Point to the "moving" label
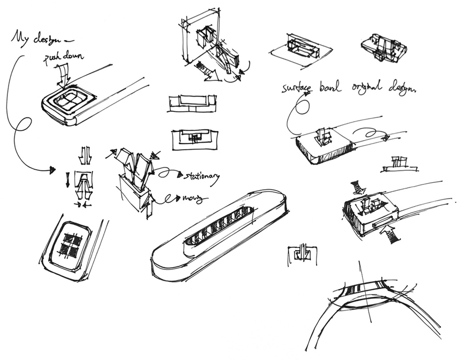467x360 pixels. [x=192, y=198]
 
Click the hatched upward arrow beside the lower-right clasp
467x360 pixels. [x=391, y=234]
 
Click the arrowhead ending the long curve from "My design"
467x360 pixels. [x=52, y=170]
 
